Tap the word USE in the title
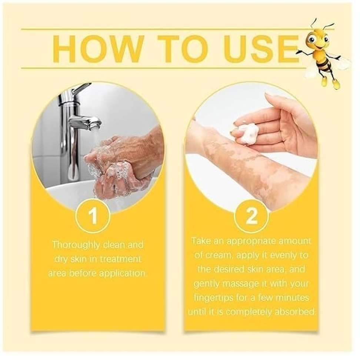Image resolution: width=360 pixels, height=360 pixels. point(262,49)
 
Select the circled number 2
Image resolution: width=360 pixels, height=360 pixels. point(252,216)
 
